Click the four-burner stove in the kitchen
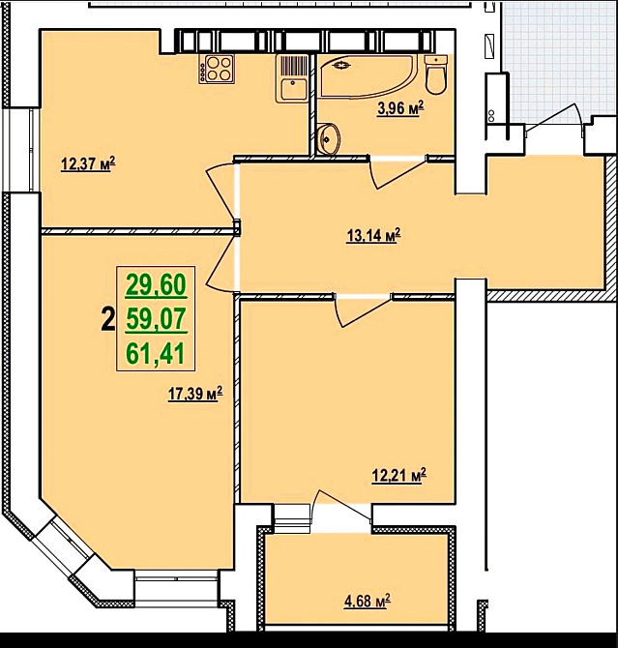[217, 69]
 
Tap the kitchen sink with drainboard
[292, 78]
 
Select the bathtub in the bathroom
[366, 76]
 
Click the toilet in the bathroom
[436, 75]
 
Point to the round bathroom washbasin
[329, 139]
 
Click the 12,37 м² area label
[88, 164]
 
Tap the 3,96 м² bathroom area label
[400, 108]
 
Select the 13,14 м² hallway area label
[373, 236]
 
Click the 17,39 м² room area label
[195, 394]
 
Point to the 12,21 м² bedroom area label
[399, 476]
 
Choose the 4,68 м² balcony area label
[368, 602]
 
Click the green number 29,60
[156, 285]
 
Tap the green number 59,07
[157, 319]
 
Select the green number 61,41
[156, 354]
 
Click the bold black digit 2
[108, 321]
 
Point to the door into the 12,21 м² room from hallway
[362, 312]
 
